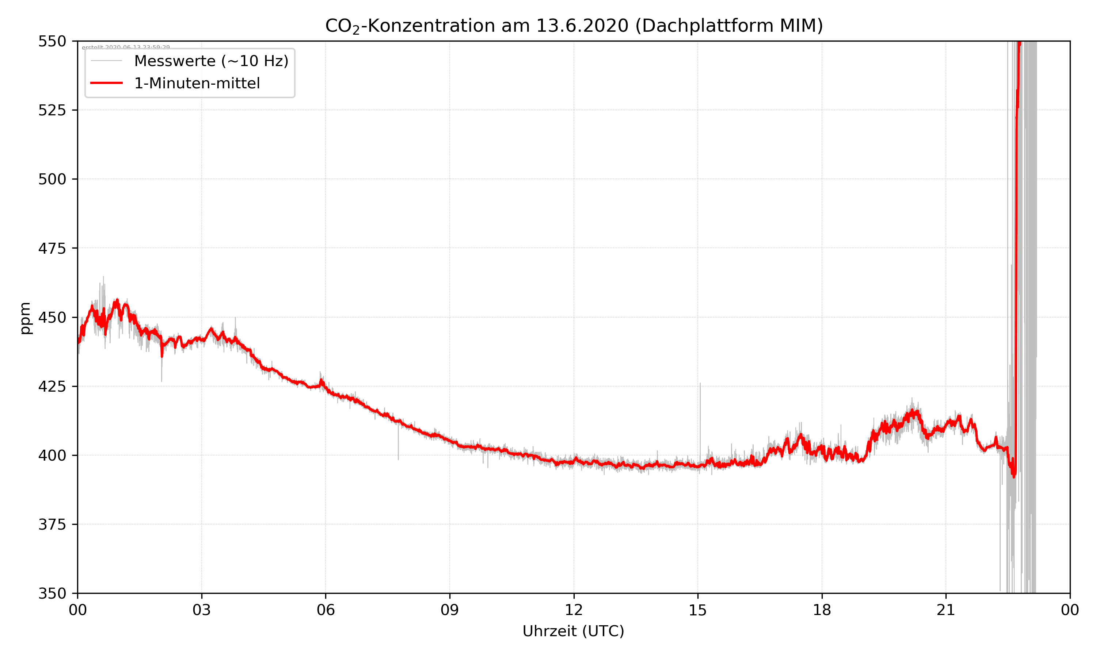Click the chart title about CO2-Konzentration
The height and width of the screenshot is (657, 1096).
click(x=574, y=26)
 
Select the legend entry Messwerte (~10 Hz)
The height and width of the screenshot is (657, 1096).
click(x=211, y=61)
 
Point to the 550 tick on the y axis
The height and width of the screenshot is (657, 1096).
click(x=52, y=41)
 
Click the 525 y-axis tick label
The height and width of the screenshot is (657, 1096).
click(x=52, y=110)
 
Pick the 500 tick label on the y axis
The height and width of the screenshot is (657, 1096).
click(x=52, y=179)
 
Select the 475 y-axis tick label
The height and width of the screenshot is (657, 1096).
click(x=52, y=248)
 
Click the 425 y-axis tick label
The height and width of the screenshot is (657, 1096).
click(x=52, y=387)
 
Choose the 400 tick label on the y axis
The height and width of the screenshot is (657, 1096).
click(x=52, y=456)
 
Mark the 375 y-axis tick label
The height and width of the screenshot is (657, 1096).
click(x=52, y=525)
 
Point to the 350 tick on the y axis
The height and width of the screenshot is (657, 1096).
click(x=52, y=593)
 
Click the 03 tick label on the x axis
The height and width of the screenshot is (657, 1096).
click(x=202, y=610)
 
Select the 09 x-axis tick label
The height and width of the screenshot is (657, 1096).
click(x=450, y=610)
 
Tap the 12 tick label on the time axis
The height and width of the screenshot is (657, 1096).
click(x=574, y=610)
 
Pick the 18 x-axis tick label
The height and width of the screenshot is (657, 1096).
click(x=822, y=610)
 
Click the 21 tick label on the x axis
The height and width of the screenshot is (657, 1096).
click(x=946, y=610)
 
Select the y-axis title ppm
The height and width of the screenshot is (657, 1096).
click(x=25, y=318)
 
